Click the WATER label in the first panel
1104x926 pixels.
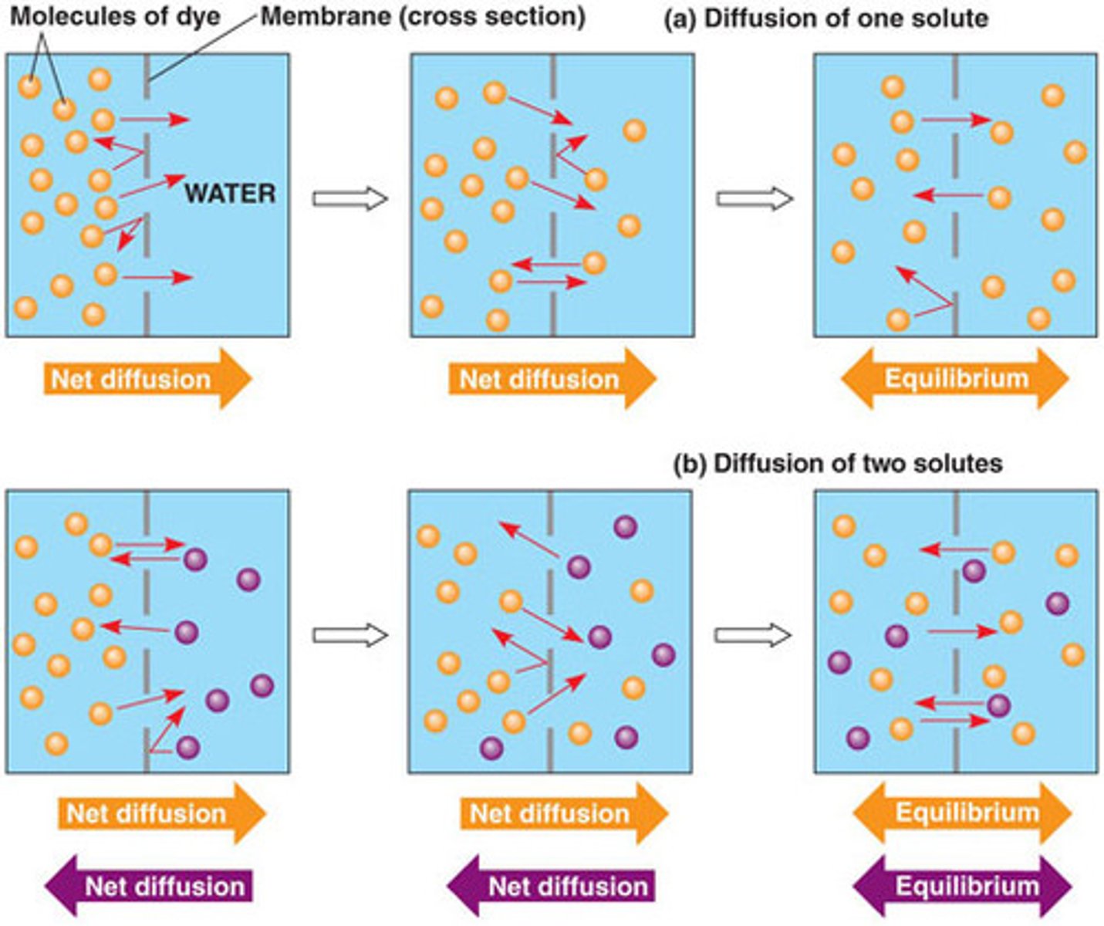click(x=230, y=193)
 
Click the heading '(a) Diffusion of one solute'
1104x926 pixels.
click(x=825, y=19)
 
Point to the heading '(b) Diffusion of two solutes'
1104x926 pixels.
click(x=838, y=463)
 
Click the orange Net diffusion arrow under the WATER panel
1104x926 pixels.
click(x=147, y=378)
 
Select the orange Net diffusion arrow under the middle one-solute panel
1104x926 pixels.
click(x=552, y=378)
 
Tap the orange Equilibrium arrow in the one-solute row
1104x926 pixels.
click(x=955, y=378)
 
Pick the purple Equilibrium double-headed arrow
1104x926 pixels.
click(x=962, y=885)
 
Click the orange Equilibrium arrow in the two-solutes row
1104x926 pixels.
click(x=962, y=813)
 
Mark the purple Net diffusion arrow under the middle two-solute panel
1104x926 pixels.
click(x=552, y=885)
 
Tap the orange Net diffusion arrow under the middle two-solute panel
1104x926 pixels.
click(x=563, y=813)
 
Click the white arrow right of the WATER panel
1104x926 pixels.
click(x=349, y=199)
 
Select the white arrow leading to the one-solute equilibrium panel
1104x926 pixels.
click(x=754, y=199)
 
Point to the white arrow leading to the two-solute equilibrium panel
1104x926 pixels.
click(x=752, y=635)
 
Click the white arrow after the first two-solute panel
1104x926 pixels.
click(x=349, y=635)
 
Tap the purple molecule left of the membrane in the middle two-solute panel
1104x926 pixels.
click(x=491, y=747)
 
